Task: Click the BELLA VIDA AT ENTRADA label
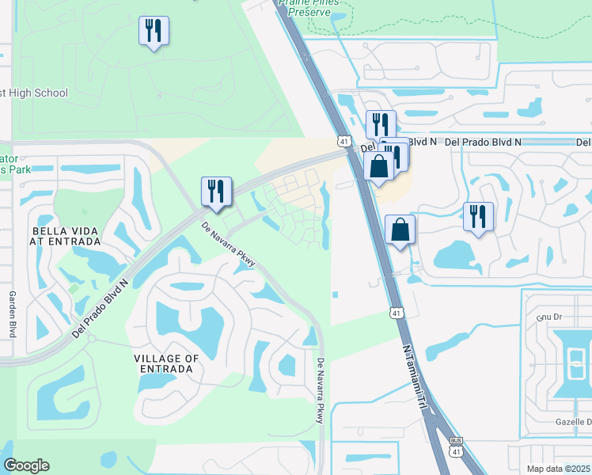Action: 65,237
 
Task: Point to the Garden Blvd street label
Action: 12,313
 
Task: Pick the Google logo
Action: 26,465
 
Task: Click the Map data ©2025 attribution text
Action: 548,469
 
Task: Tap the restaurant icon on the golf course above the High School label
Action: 153,32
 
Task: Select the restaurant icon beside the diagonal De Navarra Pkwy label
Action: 215,192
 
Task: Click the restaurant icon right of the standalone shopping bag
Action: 478,217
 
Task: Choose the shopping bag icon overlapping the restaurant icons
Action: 379,166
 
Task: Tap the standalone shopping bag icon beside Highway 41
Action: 400,230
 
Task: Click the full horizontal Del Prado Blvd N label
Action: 484,142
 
